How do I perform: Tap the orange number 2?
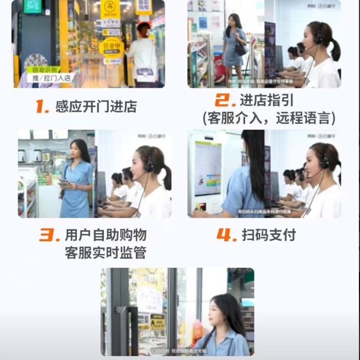click(224, 100)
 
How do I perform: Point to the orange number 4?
click(226, 236)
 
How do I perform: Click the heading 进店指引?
click(266, 101)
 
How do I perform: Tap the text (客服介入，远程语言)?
click(268, 118)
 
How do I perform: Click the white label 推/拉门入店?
click(51, 78)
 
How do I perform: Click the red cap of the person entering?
click(143, 26)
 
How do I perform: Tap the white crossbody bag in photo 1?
click(145, 74)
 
